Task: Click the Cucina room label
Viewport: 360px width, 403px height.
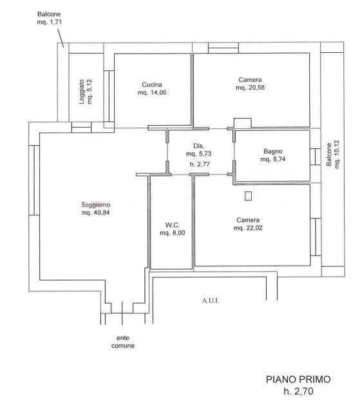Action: (x=152, y=84)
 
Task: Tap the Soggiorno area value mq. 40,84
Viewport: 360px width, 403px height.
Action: (x=95, y=213)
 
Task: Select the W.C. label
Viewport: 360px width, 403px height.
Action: (x=173, y=225)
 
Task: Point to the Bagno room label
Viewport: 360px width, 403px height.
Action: (x=273, y=152)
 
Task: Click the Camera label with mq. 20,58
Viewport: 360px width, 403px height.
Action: (x=250, y=80)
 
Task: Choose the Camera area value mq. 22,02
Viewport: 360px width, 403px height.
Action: (x=248, y=228)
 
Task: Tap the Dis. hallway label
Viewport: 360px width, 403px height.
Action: (x=199, y=146)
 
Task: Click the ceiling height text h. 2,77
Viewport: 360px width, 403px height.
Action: (x=200, y=164)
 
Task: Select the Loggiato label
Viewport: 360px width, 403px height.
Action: (x=82, y=92)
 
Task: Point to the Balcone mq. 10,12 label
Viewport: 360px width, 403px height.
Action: (x=333, y=154)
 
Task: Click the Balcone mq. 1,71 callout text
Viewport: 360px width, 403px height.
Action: (x=49, y=18)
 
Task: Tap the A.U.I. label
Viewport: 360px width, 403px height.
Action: (x=211, y=300)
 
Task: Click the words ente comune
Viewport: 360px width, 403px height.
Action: (x=123, y=342)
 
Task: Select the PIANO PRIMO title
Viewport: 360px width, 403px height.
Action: (x=298, y=379)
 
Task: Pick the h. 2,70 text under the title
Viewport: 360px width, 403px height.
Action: (x=298, y=391)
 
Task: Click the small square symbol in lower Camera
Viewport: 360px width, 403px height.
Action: (x=248, y=197)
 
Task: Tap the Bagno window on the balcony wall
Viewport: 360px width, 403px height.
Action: (x=316, y=157)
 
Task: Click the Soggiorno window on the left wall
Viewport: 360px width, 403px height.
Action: (x=34, y=180)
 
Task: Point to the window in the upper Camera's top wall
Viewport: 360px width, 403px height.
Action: (x=223, y=48)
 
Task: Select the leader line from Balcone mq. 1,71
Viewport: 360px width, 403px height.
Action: (x=61, y=38)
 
